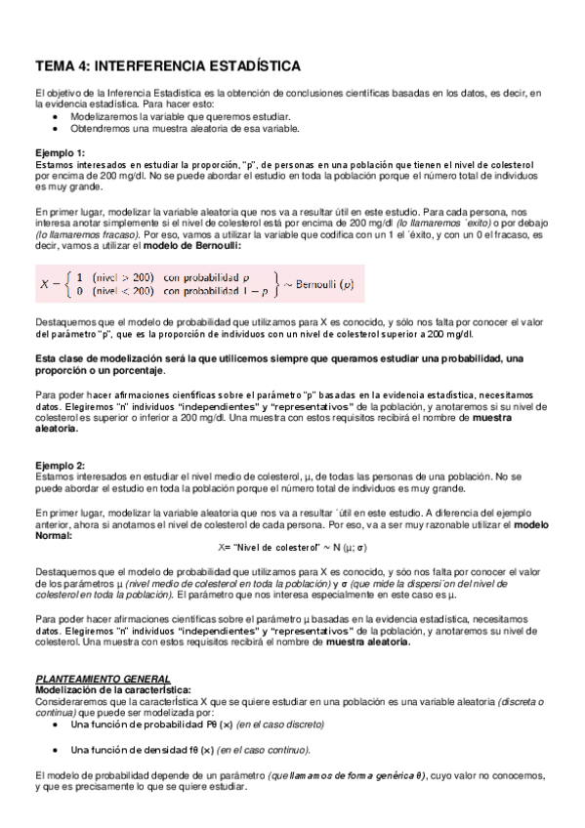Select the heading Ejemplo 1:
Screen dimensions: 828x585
click(60, 152)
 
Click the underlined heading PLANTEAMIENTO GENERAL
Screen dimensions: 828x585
click(103, 678)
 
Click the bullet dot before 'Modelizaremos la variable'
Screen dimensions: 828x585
click(59, 115)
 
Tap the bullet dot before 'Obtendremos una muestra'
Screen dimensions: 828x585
click(59, 128)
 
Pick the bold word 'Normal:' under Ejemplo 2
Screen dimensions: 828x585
click(60, 535)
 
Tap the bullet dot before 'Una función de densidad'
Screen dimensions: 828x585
click(59, 749)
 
